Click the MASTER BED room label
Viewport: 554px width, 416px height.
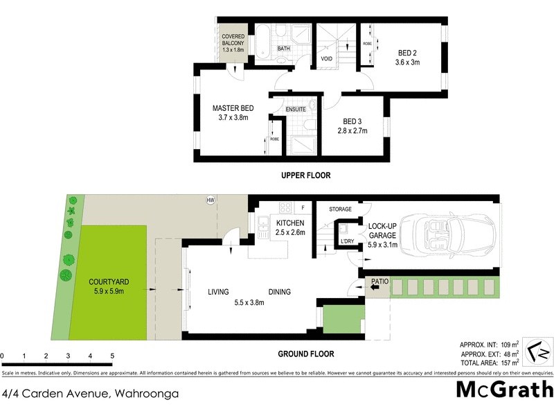click(233, 108)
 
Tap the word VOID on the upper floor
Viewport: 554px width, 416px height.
click(327, 59)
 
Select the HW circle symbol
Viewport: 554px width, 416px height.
click(211, 201)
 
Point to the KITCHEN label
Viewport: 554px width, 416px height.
click(290, 223)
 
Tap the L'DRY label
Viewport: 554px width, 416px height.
click(346, 241)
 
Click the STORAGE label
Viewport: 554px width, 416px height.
click(340, 209)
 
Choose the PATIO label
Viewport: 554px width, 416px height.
click(379, 281)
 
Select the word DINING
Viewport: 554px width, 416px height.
click(280, 292)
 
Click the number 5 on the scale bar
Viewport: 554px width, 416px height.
click(112, 356)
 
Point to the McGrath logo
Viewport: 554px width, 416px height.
click(504, 389)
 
